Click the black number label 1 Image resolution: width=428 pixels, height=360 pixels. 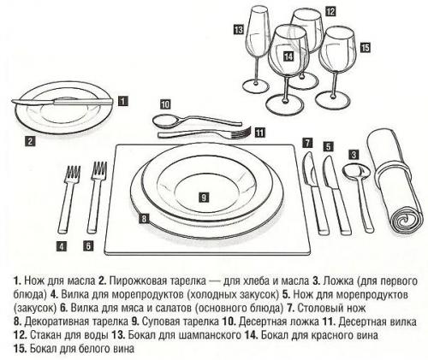[123, 100]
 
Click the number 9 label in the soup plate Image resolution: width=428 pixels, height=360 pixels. [204, 197]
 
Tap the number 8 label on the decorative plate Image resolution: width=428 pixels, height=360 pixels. [144, 219]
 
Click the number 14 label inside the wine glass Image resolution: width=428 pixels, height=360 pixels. [288, 57]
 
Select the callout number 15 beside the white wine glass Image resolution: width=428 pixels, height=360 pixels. [366, 48]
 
